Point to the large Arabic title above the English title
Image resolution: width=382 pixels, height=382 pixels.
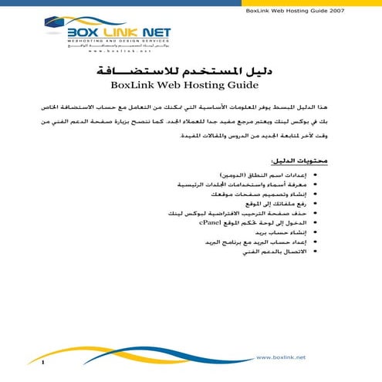coord(191,70)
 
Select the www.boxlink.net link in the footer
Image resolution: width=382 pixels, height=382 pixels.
coord(279,357)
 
